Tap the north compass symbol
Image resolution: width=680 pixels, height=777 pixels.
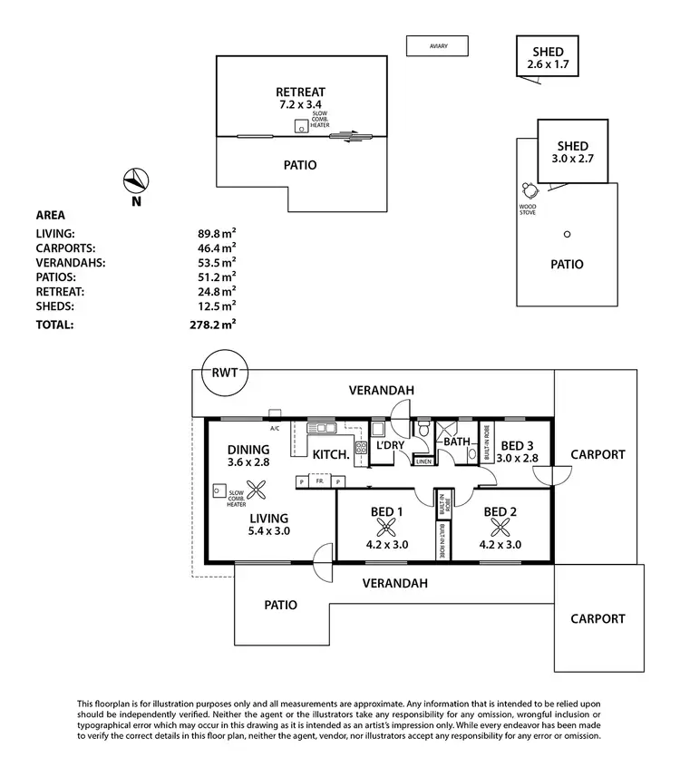135,180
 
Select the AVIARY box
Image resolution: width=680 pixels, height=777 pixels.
437,45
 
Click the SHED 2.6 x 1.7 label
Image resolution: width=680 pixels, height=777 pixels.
548,58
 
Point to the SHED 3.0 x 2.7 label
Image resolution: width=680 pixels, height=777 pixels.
572,152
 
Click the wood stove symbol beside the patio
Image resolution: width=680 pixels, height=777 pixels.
529,190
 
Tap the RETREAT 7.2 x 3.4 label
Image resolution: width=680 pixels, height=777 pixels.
300,99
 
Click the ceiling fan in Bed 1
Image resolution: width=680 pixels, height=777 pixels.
382,528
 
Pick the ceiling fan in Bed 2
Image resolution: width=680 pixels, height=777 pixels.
499,528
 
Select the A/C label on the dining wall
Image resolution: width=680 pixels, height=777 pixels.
274,425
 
